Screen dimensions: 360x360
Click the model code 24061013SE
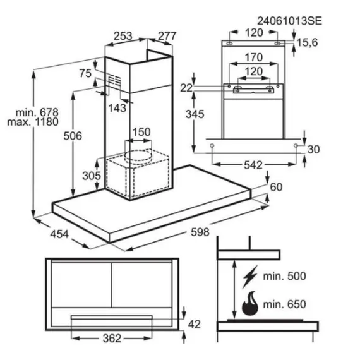pyautogui.click(x=289, y=21)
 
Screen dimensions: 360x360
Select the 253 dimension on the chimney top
pyautogui.click(x=123, y=36)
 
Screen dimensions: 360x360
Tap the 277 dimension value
pyautogui.click(x=167, y=36)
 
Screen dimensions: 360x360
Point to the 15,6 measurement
pyautogui.click(x=308, y=42)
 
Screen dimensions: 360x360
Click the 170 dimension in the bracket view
pyautogui.click(x=253, y=57)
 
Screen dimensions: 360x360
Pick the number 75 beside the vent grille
pyautogui.click(x=85, y=73)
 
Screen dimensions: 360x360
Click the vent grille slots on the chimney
pyautogui.click(x=114, y=81)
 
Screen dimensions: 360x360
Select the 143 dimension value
pyautogui.click(x=117, y=108)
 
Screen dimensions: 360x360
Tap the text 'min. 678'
pyautogui.click(x=37, y=112)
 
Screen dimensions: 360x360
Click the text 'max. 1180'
pyautogui.click(x=33, y=122)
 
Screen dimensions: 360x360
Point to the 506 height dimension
pyautogui.click(x=73, y=136)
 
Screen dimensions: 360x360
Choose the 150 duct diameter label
pyautogui.click(x=141, y=132)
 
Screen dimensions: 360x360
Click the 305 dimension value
pyautogui.click(x=92, y=176)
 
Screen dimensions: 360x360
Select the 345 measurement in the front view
pyautogui.click(x=195, y=114)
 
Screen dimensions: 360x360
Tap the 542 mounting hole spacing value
pyautogui.click(x=253, y=165)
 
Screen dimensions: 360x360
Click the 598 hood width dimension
pyautogui.click(x=200, y=232)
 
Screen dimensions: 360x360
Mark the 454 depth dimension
pyautogui.click(x=59, y=234)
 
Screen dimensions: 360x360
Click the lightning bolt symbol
pyautogui.click(x=250, y=277)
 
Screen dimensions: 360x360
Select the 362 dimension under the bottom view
pyautogui.click(x=112, y=339)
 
